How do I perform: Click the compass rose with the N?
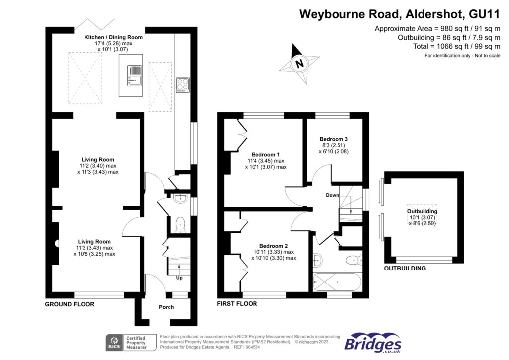coord(299,63)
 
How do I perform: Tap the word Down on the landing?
coord(332,195)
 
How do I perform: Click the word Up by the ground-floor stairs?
coord(179,278)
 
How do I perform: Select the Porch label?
coord(166,307)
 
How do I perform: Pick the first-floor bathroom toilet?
coord(354,259)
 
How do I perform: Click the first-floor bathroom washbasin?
coord(318,260)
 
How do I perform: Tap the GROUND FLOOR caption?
coord(70,304)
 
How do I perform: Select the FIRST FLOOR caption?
coord(237,304)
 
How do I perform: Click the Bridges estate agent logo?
coord(373,343)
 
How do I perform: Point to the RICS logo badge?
coord(114,343)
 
